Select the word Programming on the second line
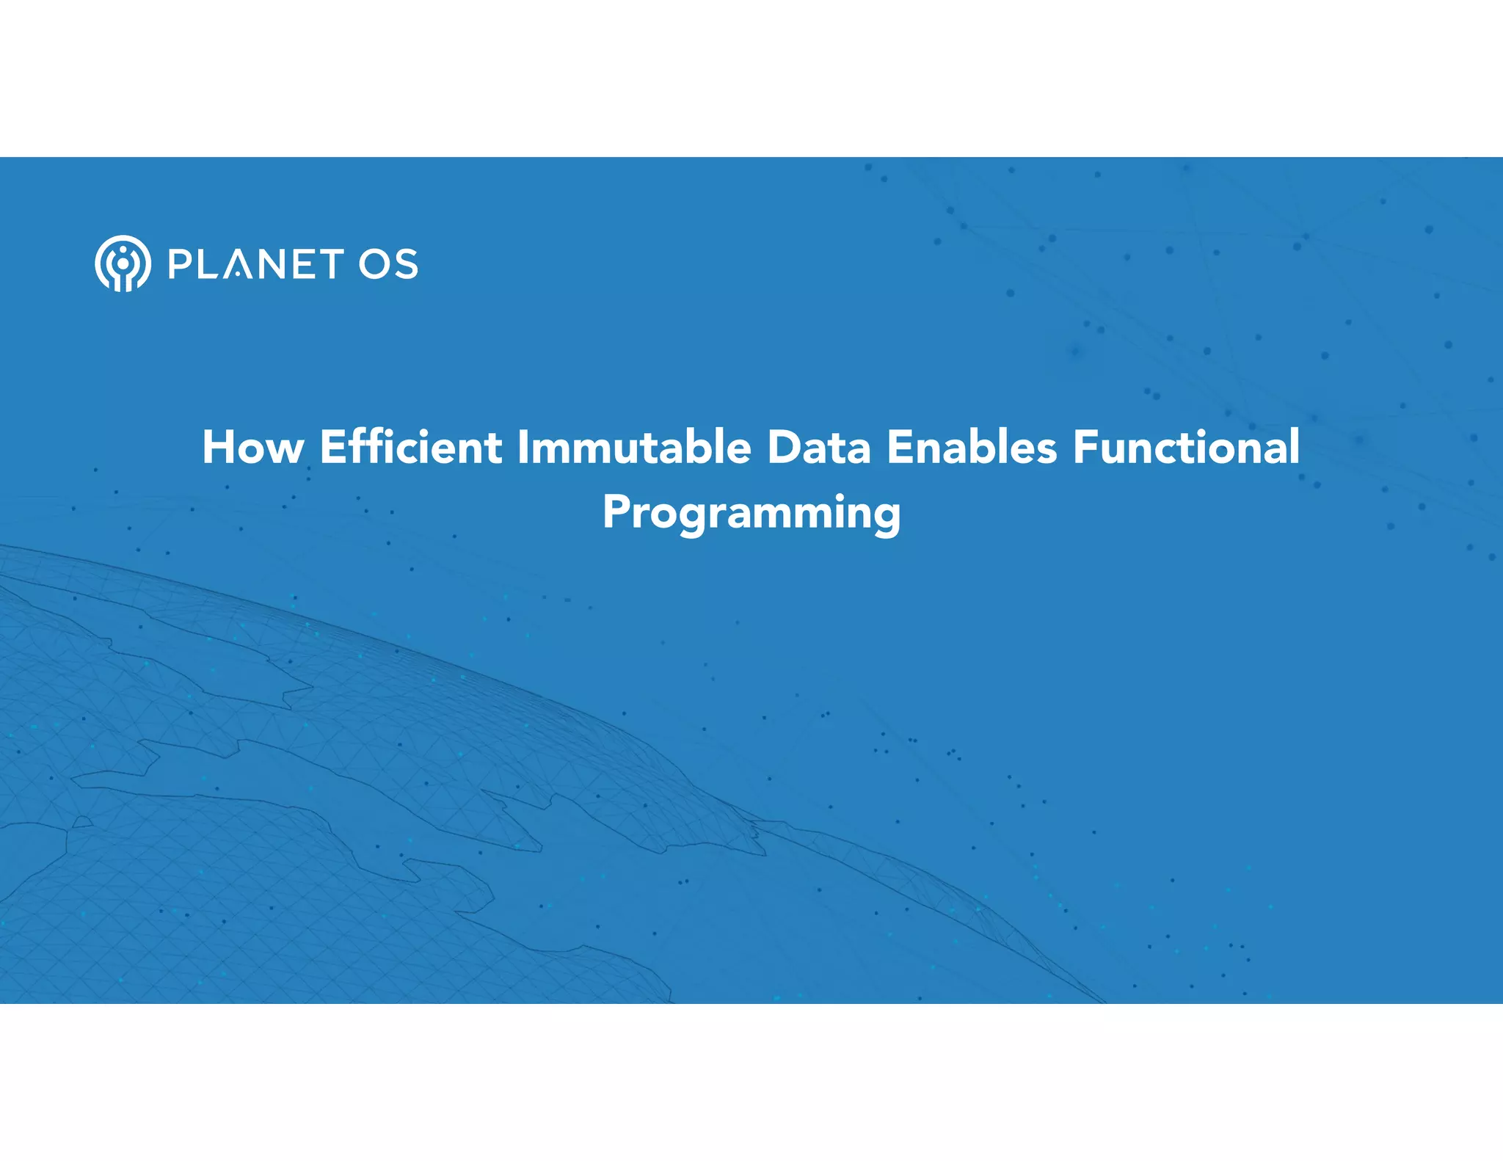751,512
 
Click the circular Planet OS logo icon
123,263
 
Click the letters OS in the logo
388,264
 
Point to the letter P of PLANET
179,264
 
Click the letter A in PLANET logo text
237,265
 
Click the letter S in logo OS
406,264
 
